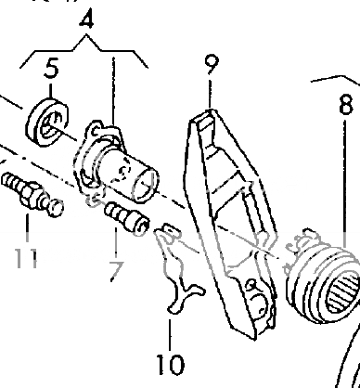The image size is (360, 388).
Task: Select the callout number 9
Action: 212,67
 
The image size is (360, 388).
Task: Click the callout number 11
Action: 26,255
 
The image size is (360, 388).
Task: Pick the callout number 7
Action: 116,271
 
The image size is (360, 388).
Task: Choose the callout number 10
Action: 171,362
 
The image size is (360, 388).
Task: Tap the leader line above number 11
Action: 28,227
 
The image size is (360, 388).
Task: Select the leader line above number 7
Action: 116,245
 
